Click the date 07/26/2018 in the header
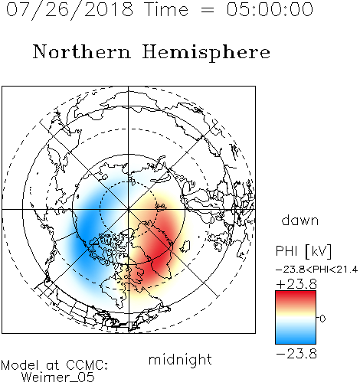70,10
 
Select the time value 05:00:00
270,10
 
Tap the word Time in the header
166,10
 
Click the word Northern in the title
82,51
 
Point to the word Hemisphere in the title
206,53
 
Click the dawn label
300,220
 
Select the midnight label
180,359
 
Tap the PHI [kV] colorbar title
303,251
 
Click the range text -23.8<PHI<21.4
316,270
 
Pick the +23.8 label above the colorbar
296,284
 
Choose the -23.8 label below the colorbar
296,354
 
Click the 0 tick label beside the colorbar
322,319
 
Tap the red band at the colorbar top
296,296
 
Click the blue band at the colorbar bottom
296,339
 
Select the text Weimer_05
58,378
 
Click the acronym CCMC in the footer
87,365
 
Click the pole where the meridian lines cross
129,209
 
